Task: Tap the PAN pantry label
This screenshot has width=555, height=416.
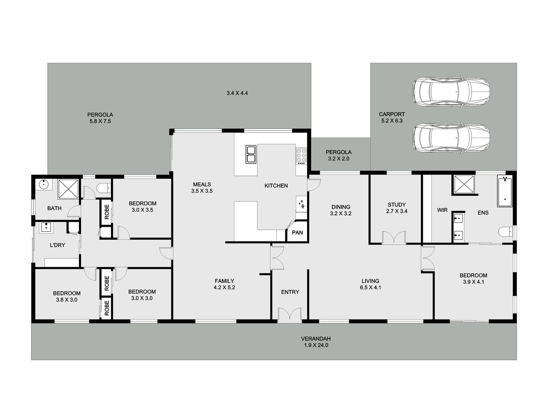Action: [297, 232]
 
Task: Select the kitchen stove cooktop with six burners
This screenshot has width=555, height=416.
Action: [301, 155]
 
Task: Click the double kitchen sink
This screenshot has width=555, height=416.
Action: [250, 154]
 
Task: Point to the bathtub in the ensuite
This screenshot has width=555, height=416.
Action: [504, 192]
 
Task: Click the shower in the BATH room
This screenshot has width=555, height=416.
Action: [68, 189]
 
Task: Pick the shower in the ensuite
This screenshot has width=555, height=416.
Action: [464, 185]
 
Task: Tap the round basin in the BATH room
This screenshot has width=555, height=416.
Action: [44, 184]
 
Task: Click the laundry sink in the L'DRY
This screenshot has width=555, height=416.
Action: [46, 227]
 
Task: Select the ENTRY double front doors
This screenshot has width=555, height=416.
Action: [290, 315]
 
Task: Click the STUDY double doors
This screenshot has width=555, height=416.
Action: [394, 238]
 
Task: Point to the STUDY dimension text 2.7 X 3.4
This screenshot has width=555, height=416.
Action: [397, 211]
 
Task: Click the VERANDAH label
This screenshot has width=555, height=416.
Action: [316, 339]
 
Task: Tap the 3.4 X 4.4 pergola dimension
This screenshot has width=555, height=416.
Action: [237, 93]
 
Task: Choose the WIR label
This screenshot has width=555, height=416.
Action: [442, 210]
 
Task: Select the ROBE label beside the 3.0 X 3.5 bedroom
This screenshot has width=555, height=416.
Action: [107, 212]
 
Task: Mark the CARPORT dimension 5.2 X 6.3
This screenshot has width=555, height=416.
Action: [392, 121]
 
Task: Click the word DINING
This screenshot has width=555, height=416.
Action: [341, 207]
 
